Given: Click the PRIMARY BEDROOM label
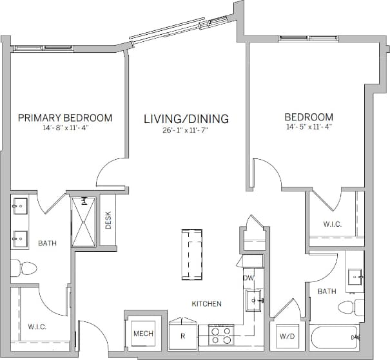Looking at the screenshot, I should [65, 118].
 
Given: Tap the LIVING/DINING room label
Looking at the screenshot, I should [186, 119].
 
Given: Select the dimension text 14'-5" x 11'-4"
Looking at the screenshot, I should [309, 128].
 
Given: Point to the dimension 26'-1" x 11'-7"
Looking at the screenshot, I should [186, 129].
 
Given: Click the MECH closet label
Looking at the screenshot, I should [142, 334].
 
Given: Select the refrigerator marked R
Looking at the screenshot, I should [182, 336].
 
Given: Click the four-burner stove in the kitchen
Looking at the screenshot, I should [220, 335].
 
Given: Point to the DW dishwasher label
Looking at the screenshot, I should [248, 278].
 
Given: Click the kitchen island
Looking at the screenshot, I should [192, 255].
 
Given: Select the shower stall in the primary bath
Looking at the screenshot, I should [83, 222].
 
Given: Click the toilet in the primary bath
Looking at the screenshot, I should [23, 267].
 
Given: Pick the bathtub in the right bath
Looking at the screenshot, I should [335, 337].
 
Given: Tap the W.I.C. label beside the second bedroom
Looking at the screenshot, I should [332, 224].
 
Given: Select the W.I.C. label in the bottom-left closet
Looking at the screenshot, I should [37, 327].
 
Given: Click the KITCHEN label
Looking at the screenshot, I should [206, 303].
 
